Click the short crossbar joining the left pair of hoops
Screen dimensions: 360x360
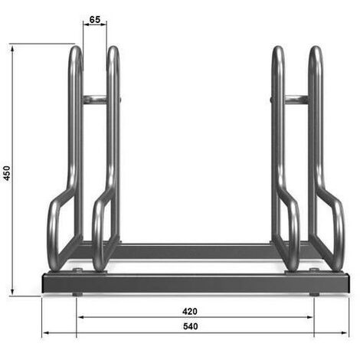[x=95, y=99]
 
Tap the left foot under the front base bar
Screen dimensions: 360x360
[x=77, y=293]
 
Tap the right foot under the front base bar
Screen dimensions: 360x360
[x=314, y=293]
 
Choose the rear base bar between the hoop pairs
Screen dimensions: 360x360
[x=195, y=250]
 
